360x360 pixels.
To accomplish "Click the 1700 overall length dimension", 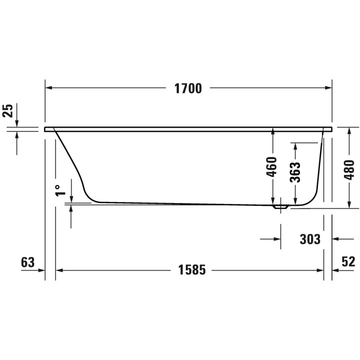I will tap(188, 88).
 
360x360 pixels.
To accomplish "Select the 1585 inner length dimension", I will tap(192, 270).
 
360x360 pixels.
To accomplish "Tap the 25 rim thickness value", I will tap(7, 110).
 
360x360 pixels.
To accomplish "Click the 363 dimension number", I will tap(295, 172).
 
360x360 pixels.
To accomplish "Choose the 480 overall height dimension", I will tap(349, 169).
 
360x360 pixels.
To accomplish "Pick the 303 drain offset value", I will tap(310, 239).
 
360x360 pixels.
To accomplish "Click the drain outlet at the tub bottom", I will tap(280, 205).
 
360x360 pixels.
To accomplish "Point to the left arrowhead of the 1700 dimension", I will tap(49, 88).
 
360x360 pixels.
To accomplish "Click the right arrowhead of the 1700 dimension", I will tap(328, 88).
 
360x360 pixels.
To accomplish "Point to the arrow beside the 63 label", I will tap(41, 270).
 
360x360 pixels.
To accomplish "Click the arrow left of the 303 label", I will tap(276, 239).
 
